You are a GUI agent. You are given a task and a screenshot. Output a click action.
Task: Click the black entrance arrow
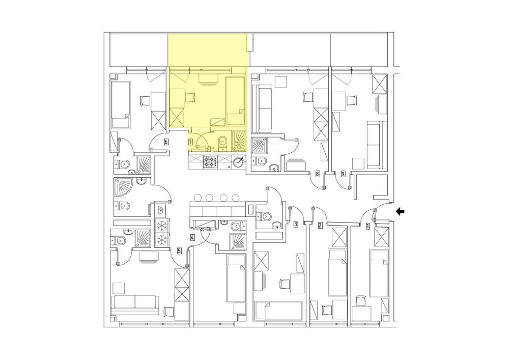click(x=400, y=212)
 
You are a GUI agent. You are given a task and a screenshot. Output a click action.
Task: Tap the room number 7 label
click(x=190, y=142)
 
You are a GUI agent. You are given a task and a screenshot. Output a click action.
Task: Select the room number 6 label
click(x=166, y=142)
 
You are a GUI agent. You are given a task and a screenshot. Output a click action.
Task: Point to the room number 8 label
click(x=318, y=174)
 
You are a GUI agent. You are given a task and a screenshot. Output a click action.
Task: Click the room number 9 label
click(x=343, y=174)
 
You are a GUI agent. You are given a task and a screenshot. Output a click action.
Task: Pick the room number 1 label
click(x=367, y=226)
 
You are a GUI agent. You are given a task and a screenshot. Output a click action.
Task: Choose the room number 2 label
click(x=320, y=225)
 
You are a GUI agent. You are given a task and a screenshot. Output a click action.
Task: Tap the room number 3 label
click(x=295, y=224)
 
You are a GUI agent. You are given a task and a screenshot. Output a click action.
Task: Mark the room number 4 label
click(x=192, y=237)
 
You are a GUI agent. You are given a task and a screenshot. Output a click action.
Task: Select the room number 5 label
click(x=179, y=251)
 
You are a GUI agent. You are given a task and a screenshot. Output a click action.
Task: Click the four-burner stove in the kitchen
click(x=210, y=162)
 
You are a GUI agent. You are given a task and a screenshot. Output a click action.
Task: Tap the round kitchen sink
click(x=239, y=161)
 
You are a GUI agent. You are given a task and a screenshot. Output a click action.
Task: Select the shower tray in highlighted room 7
click(x=239, y=141)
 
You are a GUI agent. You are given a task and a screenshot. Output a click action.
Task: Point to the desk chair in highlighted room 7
click(x=189, y=97)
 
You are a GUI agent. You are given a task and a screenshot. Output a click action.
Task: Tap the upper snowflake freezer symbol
click(x=162, y=225)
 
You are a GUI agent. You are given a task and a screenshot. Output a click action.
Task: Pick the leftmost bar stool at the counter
click(x=197, y=197)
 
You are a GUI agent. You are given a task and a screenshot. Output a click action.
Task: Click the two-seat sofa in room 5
click(x=135, y=304)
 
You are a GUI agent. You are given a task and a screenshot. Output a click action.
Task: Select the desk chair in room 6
click(x=145, y=100)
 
